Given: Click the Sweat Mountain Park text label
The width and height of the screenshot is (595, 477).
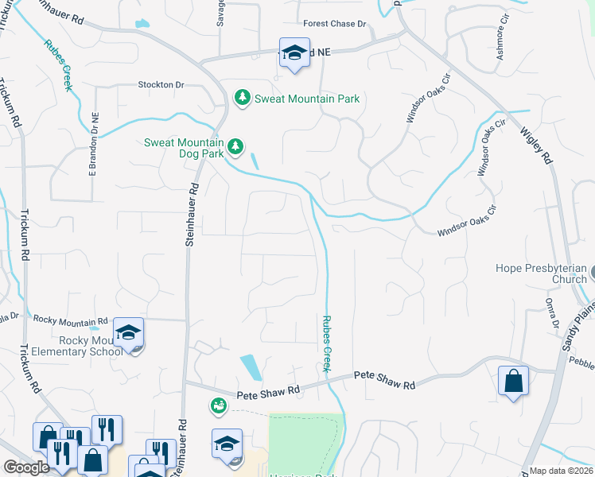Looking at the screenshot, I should tap(307, 99).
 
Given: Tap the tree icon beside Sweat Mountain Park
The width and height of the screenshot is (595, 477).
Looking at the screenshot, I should tap(242, 98).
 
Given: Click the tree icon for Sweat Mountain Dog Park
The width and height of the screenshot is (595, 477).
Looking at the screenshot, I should tap(235, 145).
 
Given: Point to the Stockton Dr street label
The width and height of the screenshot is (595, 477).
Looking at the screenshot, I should tap(161, 84).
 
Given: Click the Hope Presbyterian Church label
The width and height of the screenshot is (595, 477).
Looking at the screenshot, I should tap(541, 273).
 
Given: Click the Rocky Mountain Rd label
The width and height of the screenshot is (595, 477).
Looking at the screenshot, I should tap(70, 319).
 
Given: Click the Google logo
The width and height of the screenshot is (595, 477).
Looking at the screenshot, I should tap(26, 467).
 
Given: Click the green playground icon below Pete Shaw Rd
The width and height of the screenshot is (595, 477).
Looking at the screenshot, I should tap(217, 406).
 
